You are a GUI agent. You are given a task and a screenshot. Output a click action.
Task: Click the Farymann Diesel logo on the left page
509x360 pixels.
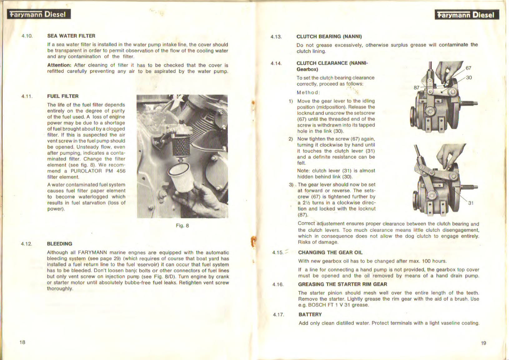[39, 14]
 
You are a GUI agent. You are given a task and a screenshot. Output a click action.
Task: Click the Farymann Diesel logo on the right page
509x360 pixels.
[467, 15]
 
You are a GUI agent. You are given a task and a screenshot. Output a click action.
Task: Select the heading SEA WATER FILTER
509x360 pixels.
[71, 36]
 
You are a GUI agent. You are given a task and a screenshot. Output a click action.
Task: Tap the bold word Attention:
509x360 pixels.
[59, 65]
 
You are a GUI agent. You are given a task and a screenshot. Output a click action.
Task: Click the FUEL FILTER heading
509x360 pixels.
[63, 96]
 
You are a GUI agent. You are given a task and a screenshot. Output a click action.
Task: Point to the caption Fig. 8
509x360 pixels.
[182, 225]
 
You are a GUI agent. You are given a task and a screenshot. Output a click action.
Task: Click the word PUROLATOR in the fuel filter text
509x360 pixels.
[86, 171]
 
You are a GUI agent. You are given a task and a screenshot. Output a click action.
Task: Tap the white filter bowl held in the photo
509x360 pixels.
[182, 178]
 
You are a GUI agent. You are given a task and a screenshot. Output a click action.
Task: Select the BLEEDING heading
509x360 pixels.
[59, 244]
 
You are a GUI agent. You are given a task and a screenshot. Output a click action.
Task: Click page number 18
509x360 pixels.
[22, 342]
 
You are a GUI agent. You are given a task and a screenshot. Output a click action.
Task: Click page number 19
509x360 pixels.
[483, 343]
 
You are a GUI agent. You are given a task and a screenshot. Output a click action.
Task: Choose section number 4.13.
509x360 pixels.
[276, 37]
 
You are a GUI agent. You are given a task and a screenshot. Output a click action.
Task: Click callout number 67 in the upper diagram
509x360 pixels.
[468, 68]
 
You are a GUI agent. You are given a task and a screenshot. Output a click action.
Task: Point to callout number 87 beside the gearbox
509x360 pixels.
[417, 88]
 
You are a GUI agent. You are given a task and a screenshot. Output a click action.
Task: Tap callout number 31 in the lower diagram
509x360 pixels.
[471, 203]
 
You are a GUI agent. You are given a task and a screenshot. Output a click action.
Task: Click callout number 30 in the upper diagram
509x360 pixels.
[469, 78]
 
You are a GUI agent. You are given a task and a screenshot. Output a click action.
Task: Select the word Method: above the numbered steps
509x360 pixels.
[308, 92]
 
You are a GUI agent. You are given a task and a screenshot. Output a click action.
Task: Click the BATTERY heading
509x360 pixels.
[310, 314]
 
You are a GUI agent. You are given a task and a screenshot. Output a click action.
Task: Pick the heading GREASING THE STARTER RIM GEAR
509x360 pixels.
[342, 284]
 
